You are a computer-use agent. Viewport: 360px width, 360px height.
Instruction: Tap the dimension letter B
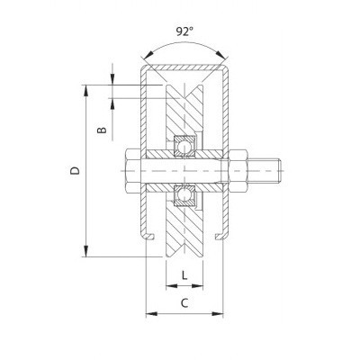click(x=103, y=131)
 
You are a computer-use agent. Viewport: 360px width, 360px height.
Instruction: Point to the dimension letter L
click(x=184, y=275)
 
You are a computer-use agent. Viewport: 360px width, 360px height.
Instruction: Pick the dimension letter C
click(x=184, y=303)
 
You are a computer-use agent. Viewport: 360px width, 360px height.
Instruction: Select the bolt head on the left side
click(x=125, y=170)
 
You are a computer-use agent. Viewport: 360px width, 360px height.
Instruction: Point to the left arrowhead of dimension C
click(x=148, y=313)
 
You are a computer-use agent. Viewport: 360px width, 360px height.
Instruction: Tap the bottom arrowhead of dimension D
click(x=87, y=252)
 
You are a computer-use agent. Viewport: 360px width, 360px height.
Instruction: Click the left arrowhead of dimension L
click(x=168, y=285)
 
